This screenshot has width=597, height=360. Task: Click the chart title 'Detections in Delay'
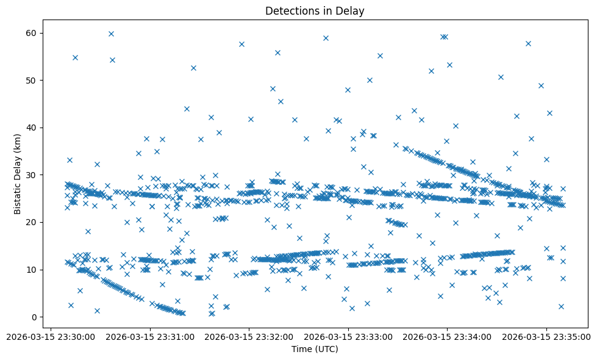tap(315, 11)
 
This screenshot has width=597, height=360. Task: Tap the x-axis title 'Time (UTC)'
tap(315, 349)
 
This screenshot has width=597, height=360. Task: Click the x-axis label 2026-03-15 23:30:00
tap(51, 336)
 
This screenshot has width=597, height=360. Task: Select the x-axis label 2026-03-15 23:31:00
tap(150, 336)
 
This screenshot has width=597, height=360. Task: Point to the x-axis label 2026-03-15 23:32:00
tap(249, 336)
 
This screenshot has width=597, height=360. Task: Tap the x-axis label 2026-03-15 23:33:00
tap(348, 336)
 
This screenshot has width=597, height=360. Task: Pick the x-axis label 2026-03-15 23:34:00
tap(446, 336)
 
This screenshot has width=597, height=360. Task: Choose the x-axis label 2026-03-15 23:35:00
tap(545, 336)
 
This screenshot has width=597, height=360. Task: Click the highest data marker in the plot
tap(111, 34)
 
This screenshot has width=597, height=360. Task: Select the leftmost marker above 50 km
tap(75, 57)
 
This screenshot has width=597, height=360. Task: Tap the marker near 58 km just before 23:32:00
tap(241, 44)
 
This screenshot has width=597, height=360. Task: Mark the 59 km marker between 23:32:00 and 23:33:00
tap(326, 38)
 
